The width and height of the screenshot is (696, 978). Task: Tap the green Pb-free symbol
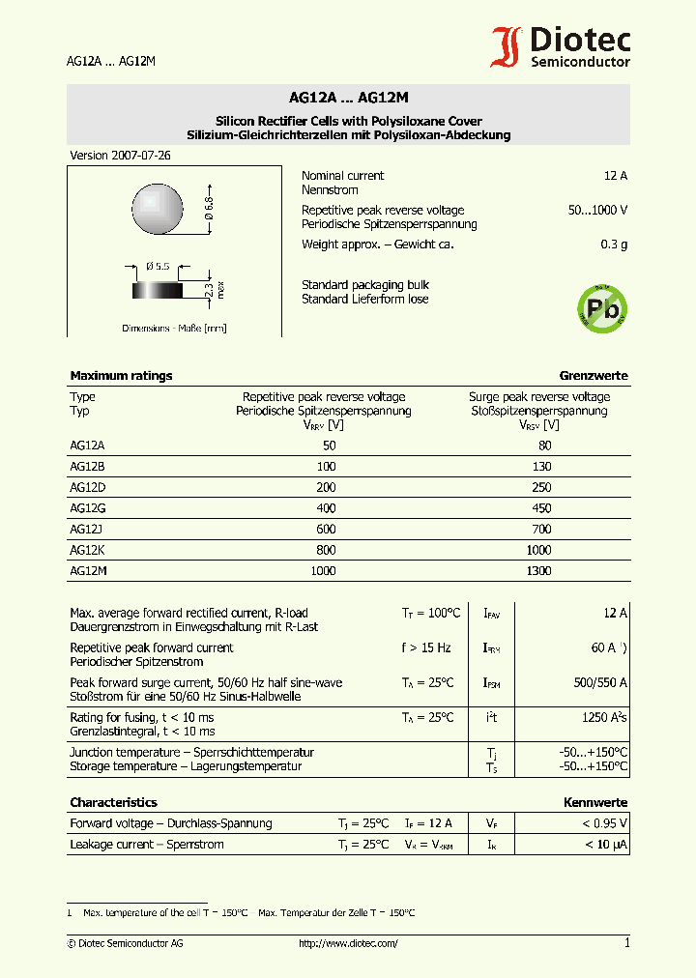pos(602,309)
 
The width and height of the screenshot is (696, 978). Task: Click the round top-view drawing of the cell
pos(158,209)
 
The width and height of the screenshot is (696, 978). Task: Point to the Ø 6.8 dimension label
pos(208,210)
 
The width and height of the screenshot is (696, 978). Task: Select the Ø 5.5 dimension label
pos(158,266)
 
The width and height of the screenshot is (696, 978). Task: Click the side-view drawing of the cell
pos(158,290)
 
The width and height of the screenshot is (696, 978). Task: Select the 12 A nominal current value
pos(615,176)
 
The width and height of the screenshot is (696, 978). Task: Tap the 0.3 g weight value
pos(614,244)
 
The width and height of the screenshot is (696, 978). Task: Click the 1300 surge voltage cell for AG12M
pos(538,571)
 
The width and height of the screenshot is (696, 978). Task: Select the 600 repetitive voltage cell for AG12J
pos(326,530)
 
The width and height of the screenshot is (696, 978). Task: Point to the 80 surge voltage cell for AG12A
pos(544,446)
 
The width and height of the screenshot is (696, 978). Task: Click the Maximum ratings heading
pos(121,376)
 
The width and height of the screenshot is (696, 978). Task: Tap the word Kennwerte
pos(595,803)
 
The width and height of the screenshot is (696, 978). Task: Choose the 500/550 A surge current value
pos(600,683)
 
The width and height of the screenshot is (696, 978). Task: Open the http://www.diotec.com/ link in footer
pos(348,943)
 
